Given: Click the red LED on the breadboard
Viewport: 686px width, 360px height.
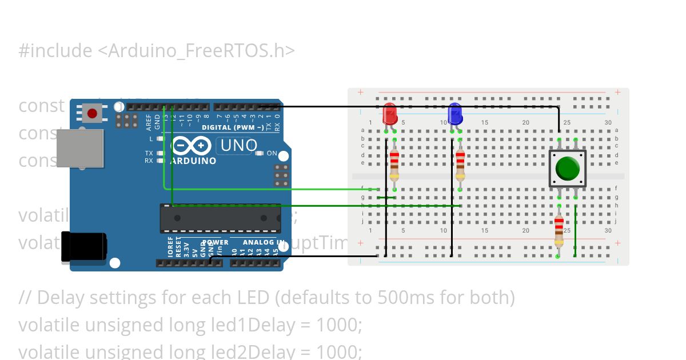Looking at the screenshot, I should click(x=390, y=114).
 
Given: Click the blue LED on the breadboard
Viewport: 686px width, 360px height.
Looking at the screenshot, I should click(x=455, y=114).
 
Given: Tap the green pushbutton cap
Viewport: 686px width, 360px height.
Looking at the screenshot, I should click(x=567, y=169).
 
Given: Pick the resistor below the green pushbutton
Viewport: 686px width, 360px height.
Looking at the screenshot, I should click(x=559, y=230).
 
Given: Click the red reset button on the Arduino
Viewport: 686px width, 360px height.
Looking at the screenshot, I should click(x=91, y=113).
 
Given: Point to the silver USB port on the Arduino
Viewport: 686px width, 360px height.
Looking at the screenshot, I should click(x=80, y=148).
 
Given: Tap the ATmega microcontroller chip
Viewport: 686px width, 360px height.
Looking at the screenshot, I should click(x=220, y=218).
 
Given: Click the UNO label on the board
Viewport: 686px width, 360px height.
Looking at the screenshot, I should click(x=239, y=146).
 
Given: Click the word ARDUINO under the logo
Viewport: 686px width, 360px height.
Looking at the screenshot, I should click(x=193, y=161).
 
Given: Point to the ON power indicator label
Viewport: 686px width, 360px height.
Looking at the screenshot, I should click(x=272, y=153).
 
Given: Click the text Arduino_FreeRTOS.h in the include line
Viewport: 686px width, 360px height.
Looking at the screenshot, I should click(x=196, y=51).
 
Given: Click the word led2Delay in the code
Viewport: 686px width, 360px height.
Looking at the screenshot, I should click(x=252, y=351).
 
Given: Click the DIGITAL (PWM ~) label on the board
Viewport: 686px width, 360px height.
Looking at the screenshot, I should click(x=233, y=127).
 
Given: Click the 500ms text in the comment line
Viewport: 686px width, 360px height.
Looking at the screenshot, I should click(x=387, y=298).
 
